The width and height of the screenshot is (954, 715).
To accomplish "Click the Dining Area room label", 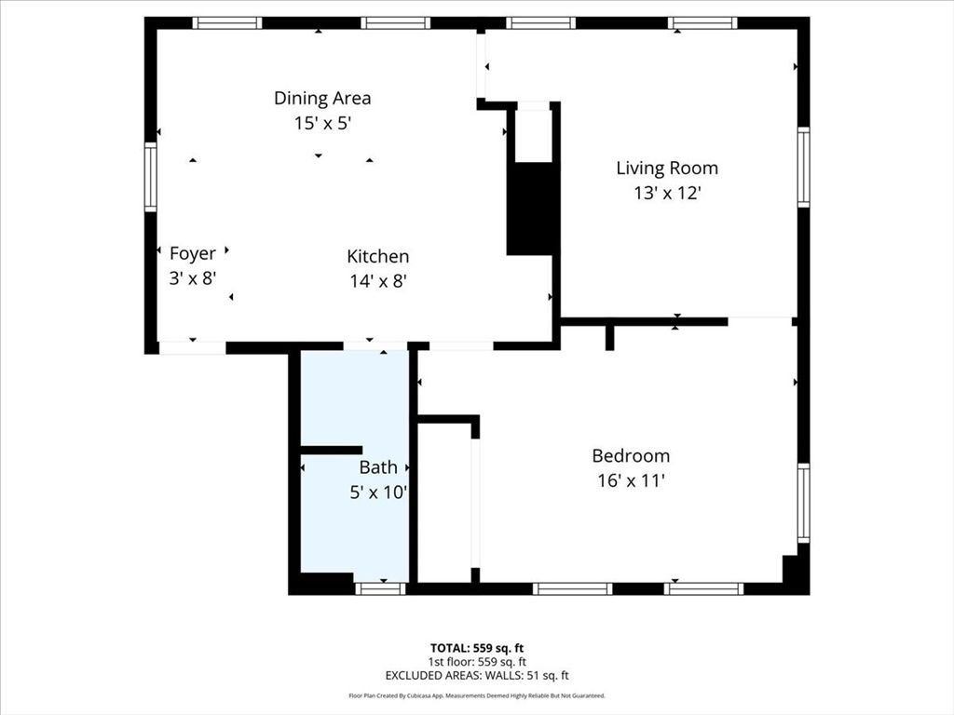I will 322,98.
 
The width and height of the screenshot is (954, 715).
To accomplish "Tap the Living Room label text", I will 667,169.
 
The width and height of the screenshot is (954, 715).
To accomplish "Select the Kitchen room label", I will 377,256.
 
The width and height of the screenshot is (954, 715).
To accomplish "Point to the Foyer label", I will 193,253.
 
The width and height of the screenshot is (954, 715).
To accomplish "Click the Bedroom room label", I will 631,456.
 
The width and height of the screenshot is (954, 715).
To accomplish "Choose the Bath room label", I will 378,467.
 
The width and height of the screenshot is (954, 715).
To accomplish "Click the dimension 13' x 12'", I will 667,194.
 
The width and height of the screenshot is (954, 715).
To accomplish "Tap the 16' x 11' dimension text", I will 631,481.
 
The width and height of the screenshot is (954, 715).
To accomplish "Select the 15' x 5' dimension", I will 322,123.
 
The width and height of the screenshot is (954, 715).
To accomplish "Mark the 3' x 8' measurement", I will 193,278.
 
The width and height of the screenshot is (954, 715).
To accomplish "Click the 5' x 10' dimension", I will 378,492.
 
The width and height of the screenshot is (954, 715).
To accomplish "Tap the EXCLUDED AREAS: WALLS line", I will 477,676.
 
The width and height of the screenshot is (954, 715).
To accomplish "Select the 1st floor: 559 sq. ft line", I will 477,662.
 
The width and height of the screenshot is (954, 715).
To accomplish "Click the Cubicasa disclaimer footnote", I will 477,695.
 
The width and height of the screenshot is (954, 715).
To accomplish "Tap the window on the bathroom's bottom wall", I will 380,588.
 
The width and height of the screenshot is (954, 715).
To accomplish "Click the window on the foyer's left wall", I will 150,177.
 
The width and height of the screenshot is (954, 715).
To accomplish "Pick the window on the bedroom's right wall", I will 803,504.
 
